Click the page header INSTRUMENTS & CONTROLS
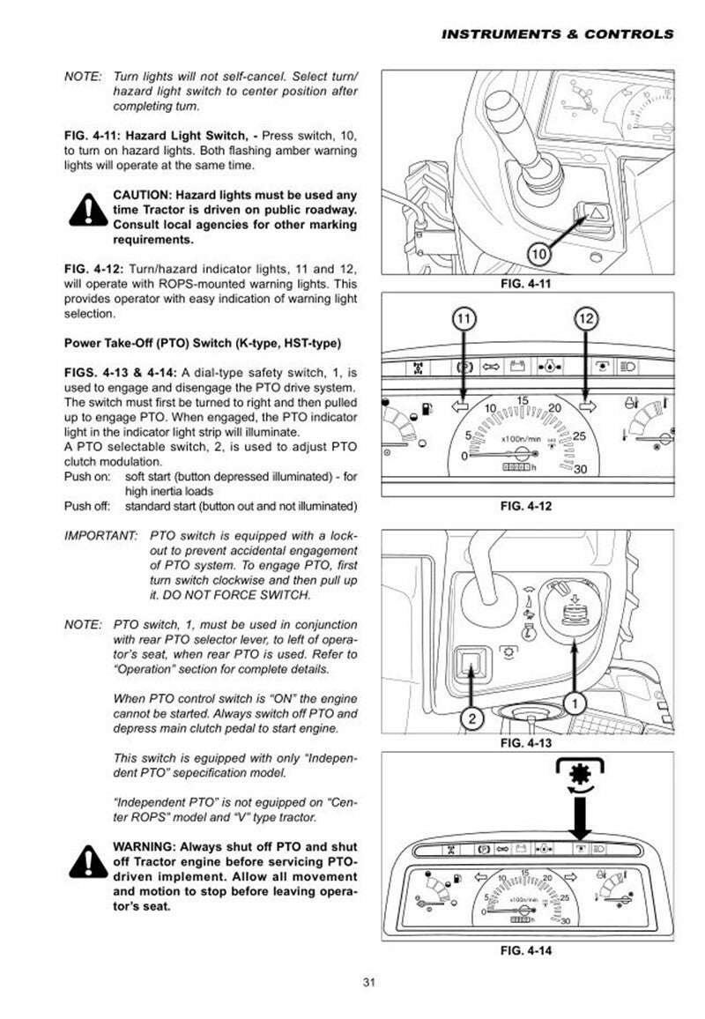557,34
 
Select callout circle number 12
587,319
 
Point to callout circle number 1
574,703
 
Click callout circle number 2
472,718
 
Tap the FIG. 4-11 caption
526,284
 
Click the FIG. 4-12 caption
526,506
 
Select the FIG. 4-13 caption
526,743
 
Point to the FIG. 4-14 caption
526,950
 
